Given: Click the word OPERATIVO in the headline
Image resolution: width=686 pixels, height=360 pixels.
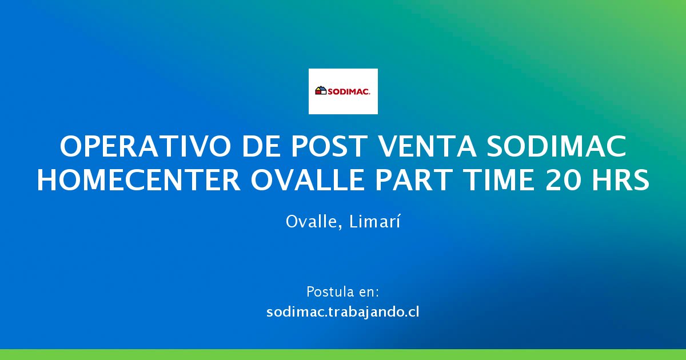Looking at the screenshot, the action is pos(145,147).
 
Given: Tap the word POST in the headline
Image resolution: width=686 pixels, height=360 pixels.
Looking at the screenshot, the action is pos(329,147).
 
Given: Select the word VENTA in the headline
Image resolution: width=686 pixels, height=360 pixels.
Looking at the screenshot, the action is pos(428,147).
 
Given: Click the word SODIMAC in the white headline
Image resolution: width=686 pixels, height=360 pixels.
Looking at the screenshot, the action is pos(557,147).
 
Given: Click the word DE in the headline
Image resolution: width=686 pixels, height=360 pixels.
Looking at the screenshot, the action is pos(261,147).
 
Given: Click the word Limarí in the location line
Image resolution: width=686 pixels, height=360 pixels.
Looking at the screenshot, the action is pos(374,221).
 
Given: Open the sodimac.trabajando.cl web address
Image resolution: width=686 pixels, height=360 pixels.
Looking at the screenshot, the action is pos(342,312).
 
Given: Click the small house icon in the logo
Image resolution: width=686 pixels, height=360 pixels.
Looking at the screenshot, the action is pos(321,90).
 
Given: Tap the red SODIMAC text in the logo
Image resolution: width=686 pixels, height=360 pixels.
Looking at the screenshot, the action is pos(349,91).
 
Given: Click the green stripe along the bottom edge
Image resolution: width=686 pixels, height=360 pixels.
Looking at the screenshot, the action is pos(343,354).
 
